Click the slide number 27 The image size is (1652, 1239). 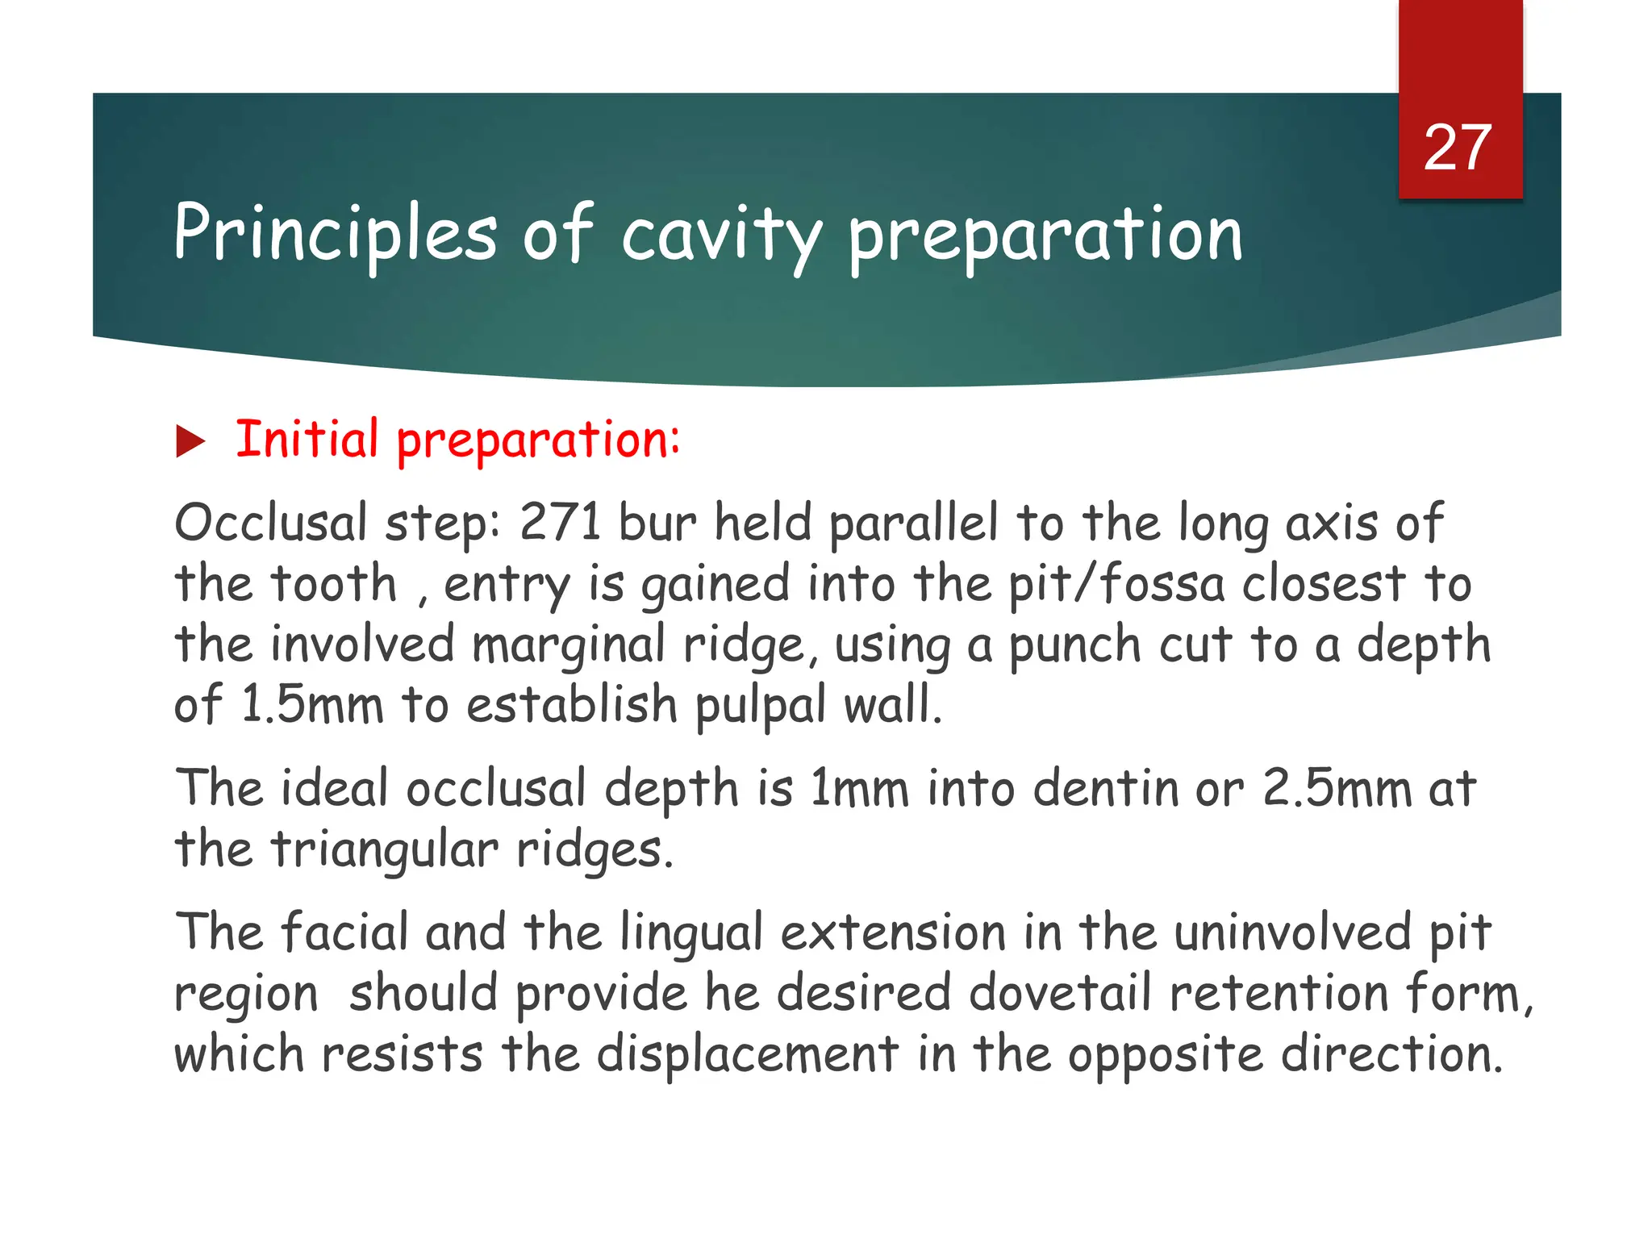1458,148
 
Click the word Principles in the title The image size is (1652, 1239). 335,234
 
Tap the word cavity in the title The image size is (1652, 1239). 720,236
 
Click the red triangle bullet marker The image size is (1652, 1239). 190,442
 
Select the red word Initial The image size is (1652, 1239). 307,440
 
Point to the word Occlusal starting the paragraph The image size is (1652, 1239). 270,522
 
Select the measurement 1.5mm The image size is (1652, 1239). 311,704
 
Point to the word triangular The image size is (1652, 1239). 384,850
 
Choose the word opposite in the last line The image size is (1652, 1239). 1165,1056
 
